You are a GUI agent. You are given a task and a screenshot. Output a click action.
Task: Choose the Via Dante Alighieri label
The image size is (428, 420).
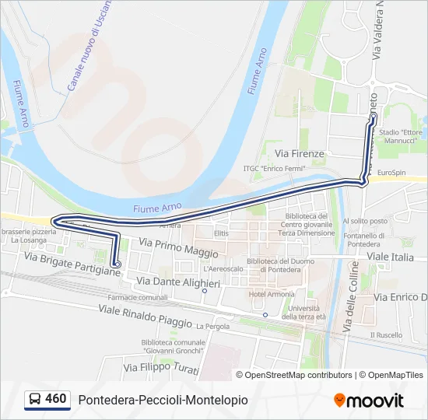pos(178,282)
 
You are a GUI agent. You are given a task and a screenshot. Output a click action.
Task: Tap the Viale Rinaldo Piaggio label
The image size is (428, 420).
pos(146,316)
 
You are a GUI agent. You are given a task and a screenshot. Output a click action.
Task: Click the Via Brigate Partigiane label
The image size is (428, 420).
pos(72,264)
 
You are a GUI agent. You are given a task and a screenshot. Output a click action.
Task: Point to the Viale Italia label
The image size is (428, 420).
pos(391,256)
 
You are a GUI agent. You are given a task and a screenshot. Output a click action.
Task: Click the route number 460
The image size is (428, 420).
pos(56,399)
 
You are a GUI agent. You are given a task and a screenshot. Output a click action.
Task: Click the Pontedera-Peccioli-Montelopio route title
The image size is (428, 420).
pos(163,400)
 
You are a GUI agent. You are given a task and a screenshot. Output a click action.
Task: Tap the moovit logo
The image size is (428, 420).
pos(369,401)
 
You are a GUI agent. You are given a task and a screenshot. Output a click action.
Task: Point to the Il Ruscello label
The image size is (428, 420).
pos(387,335)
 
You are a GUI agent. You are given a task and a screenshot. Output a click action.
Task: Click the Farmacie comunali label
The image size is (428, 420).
pos(137,298)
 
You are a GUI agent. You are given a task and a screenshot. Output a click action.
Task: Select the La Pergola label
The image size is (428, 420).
pos(213,327)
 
